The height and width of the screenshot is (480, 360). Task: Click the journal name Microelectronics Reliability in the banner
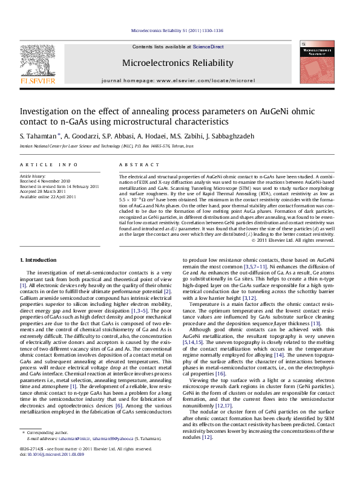pos(177,63)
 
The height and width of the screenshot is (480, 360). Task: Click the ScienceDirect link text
pos(208,47)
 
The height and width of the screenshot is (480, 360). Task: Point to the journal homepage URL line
pos(177,80)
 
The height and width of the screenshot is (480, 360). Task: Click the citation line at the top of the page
pos(177,30)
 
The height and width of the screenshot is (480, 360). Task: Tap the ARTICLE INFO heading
pos(48,164)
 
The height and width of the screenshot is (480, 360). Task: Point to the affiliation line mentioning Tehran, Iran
pos(97,146)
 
